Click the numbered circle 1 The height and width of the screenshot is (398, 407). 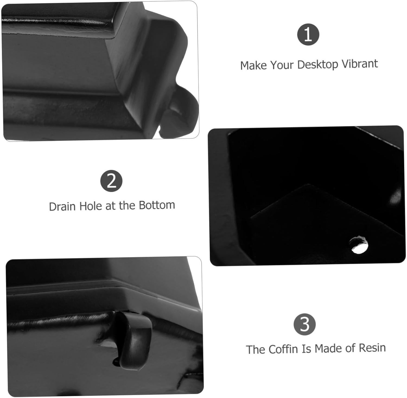click(x=308, y=34)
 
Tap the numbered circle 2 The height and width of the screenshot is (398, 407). click(x=111, y=181)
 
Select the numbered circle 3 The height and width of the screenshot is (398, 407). click(x=304, y=324)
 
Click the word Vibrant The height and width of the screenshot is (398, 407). click(x=360, y=64)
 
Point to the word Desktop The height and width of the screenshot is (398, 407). click(x=318, y=65)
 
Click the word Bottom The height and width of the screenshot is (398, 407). click(x=157, y=205)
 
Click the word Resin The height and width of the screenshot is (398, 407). click(x=372, y=348)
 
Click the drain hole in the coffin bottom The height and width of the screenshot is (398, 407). click(x=359, y=245)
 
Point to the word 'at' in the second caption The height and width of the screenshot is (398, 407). click(x=110, y=206)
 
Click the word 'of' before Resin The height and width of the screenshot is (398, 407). click(x=350, y=348)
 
